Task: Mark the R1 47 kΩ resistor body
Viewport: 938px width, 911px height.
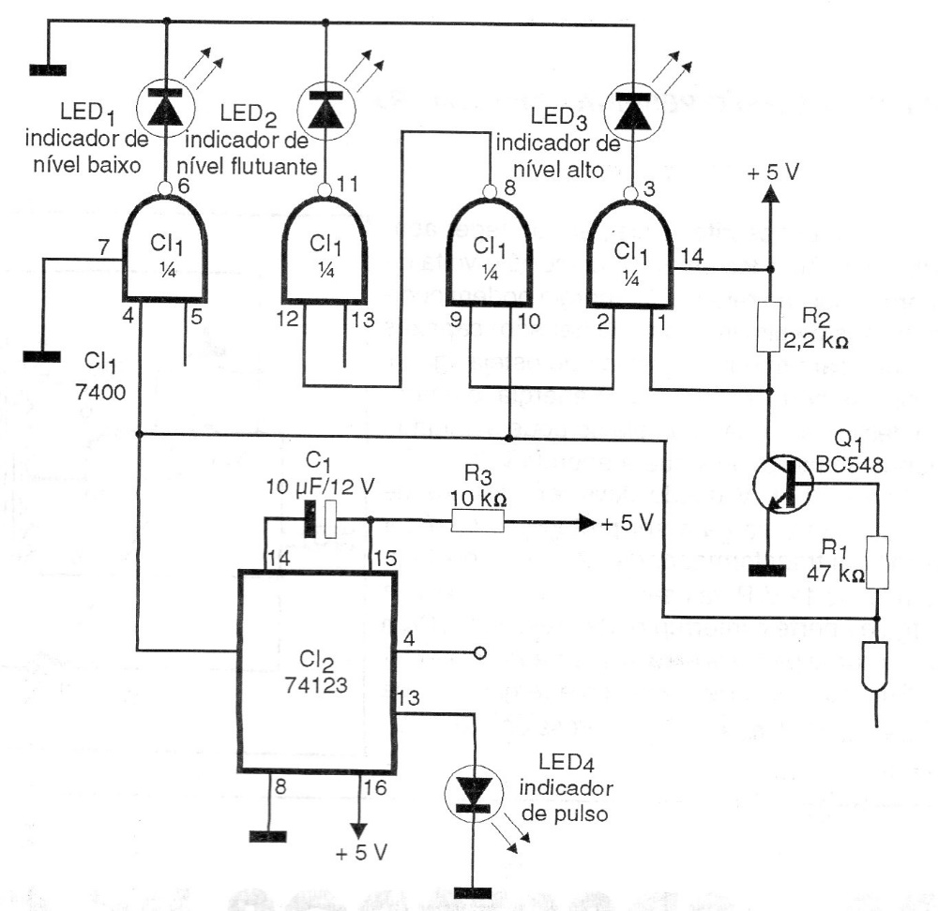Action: pyautogui.click(x=877, y=561)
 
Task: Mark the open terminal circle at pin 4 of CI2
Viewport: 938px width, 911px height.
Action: pyautogui.click(x=479, y=652)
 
